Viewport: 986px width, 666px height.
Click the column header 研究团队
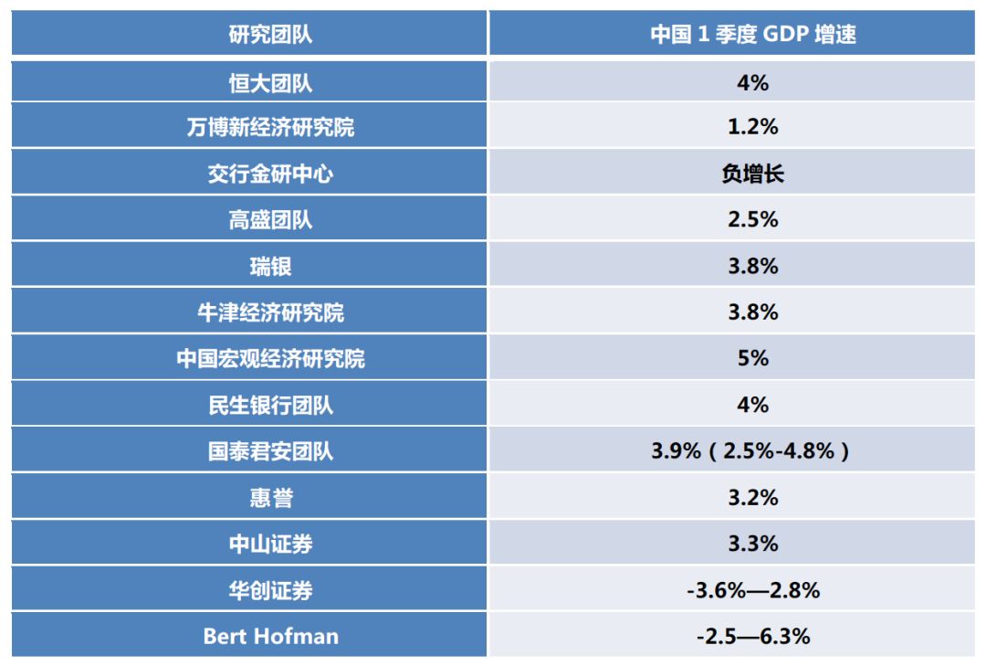click(270, 35)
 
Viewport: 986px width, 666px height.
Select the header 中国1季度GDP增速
click(752, 35)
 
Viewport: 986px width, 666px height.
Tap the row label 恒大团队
click(270, 83)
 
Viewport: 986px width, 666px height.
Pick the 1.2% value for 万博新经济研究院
click(752, 127)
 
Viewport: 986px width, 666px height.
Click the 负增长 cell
click(752, 174)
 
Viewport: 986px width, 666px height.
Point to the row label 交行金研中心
click(270, 174)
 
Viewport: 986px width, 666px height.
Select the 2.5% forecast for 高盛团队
click(752, 220)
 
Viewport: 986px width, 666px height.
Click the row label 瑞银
click(270, 267)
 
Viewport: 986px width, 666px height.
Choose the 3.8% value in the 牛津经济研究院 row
click(752, 312)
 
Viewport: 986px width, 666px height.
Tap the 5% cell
click(752, 359)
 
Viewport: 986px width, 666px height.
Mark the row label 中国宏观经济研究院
click(270, 359)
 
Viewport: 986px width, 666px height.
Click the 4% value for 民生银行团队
click(752, 405)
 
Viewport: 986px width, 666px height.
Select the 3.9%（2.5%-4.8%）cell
click(752, 451)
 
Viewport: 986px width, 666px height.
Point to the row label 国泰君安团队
click(270, 451)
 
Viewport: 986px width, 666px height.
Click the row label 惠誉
click(270, 498)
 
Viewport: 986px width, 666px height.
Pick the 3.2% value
click(752, 498)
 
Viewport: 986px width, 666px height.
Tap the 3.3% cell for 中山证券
click(752, 544)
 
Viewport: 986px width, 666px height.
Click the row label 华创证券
click(270, 590)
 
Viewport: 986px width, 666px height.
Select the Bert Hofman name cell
click(270, 636)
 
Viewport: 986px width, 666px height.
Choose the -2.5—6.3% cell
click(752, 636)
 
